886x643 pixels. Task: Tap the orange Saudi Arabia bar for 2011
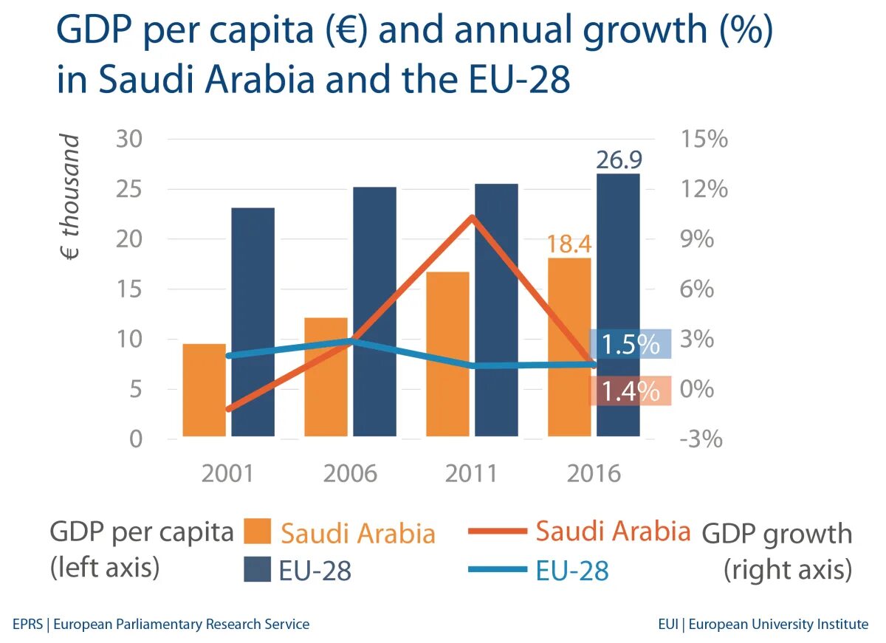(447, 354)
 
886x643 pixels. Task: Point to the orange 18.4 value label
(569, 244)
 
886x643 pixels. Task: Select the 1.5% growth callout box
(630, 344)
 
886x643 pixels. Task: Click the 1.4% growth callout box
(630, 391)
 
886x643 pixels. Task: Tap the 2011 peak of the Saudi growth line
(472, 217)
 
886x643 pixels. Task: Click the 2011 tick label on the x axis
(472, 473)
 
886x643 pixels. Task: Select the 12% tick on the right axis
(703, 189)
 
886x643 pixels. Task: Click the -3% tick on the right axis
(703, 439)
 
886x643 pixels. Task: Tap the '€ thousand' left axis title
(69, 198)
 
